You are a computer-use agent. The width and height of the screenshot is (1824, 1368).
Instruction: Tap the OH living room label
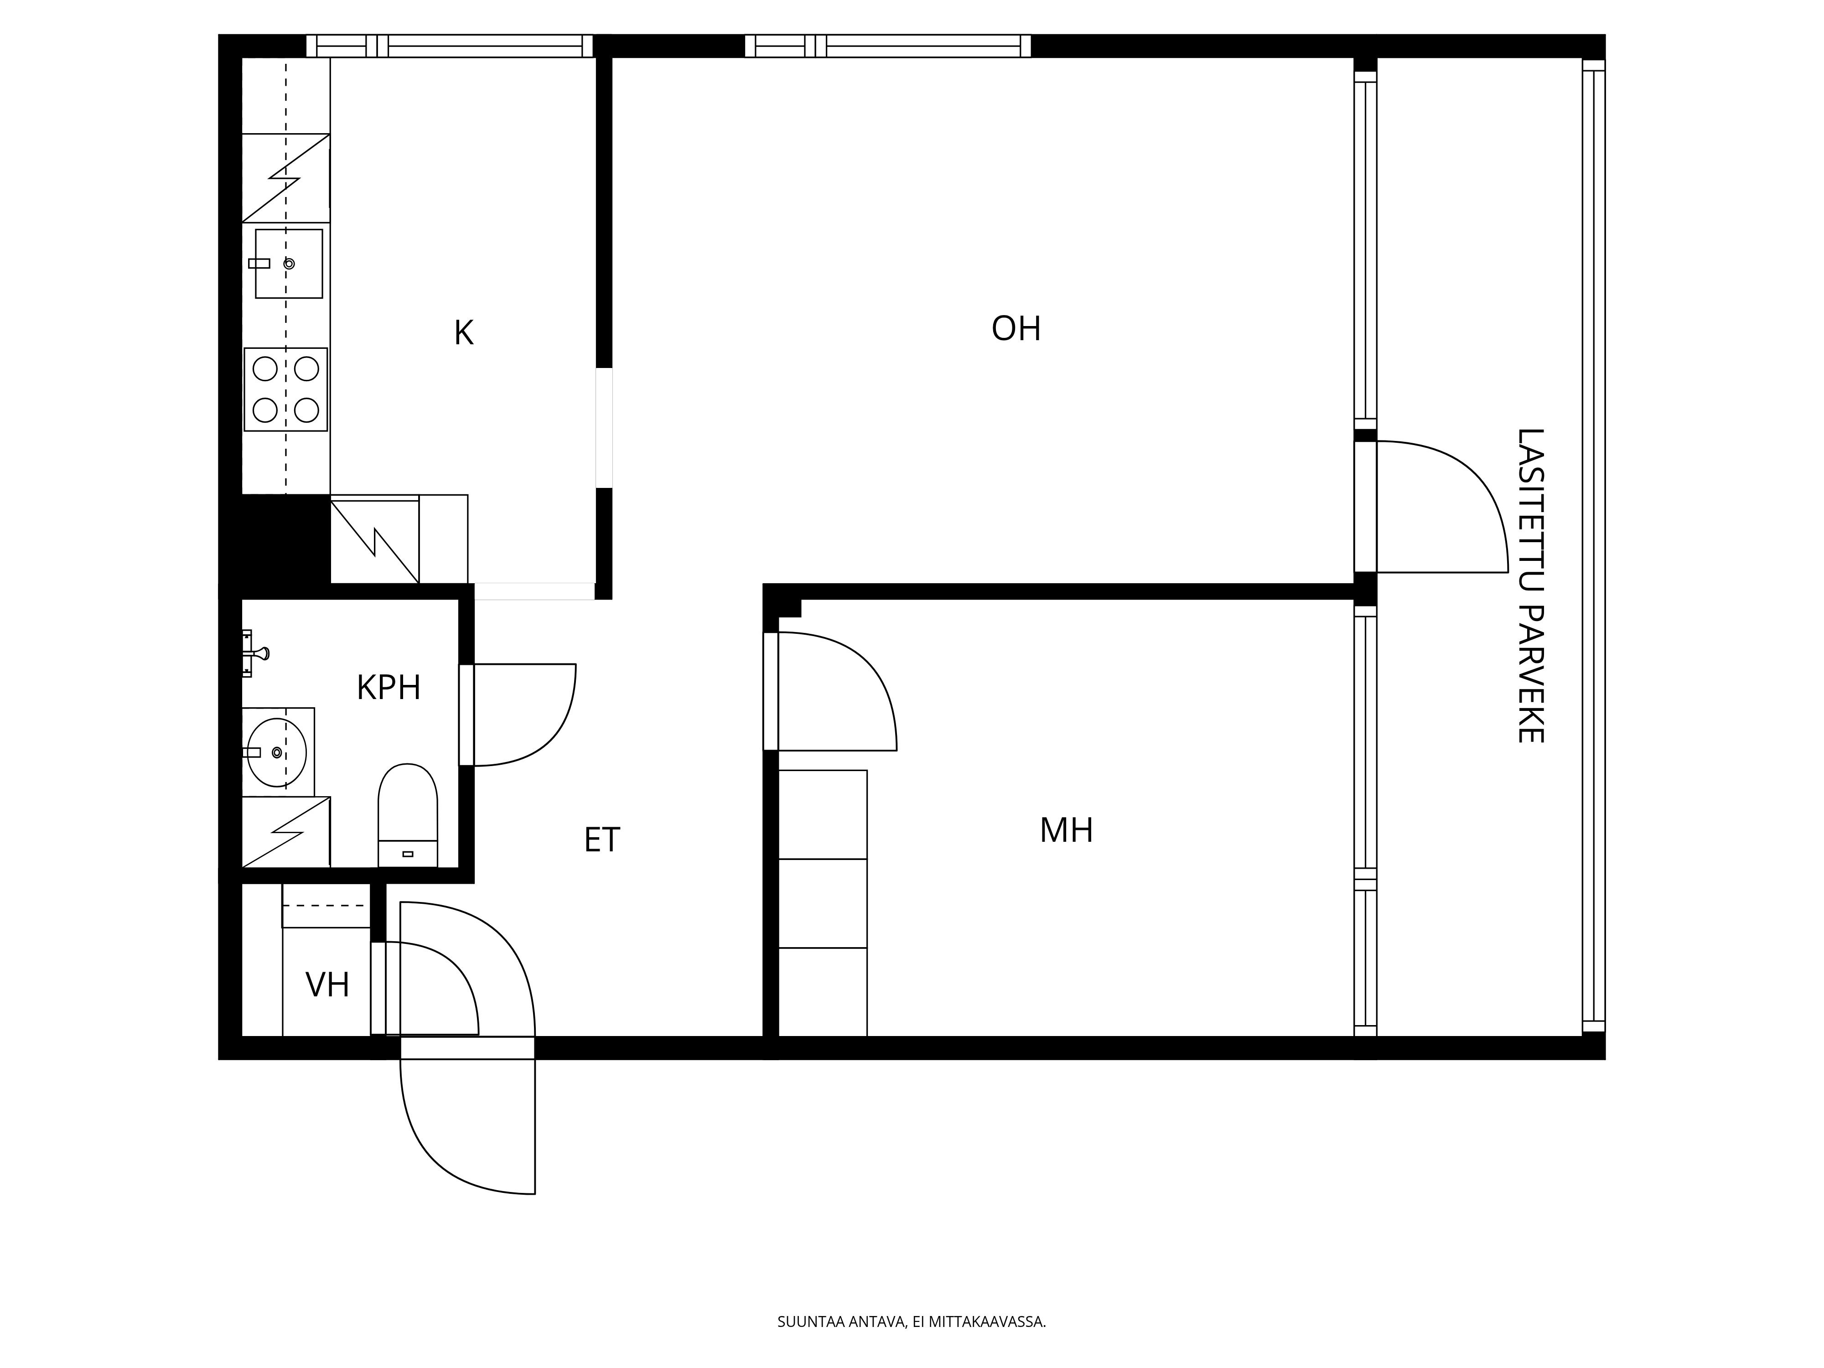pyautogui.click(x=1016, y=329)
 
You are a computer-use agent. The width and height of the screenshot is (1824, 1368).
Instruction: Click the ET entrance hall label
pyautogui.click(x=602, y=840)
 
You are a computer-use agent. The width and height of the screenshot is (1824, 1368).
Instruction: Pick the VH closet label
pyautogui.click(x=327, y=985)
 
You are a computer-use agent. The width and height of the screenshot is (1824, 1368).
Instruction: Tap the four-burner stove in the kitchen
pyautogui.click(x=285, y=389)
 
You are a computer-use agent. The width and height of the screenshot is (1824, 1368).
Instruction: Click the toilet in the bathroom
pyautogui.click(x=407, y=815)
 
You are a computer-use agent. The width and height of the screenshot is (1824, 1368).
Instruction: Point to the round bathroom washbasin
pyautogui.click(x=277, y=752)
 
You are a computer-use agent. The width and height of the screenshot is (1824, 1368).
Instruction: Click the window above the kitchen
pyautogui.click(x=450, y=46)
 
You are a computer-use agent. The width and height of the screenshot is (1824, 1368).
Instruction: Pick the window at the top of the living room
pyautogui.click(x=887, y=46)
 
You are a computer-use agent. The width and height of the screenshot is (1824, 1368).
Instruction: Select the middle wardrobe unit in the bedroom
pyautogui.click(x=823, y=904)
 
